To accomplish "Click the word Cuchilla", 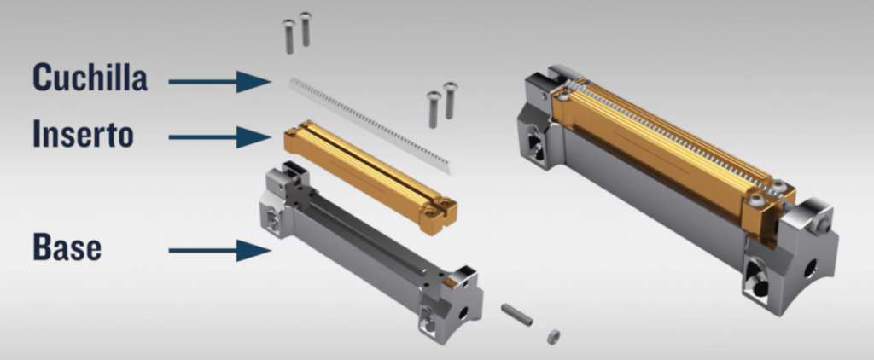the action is click(90, 77).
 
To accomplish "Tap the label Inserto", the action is click(83, 133).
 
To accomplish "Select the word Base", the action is click(67, 247).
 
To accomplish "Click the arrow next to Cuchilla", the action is click(220, 81).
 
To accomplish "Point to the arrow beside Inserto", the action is click(220, 137).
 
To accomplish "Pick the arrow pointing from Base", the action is click(220, 250).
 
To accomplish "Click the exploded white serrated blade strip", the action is click(371, 125).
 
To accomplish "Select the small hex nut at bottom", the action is click(553, 337).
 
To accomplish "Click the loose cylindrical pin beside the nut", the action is click(516, 315).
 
